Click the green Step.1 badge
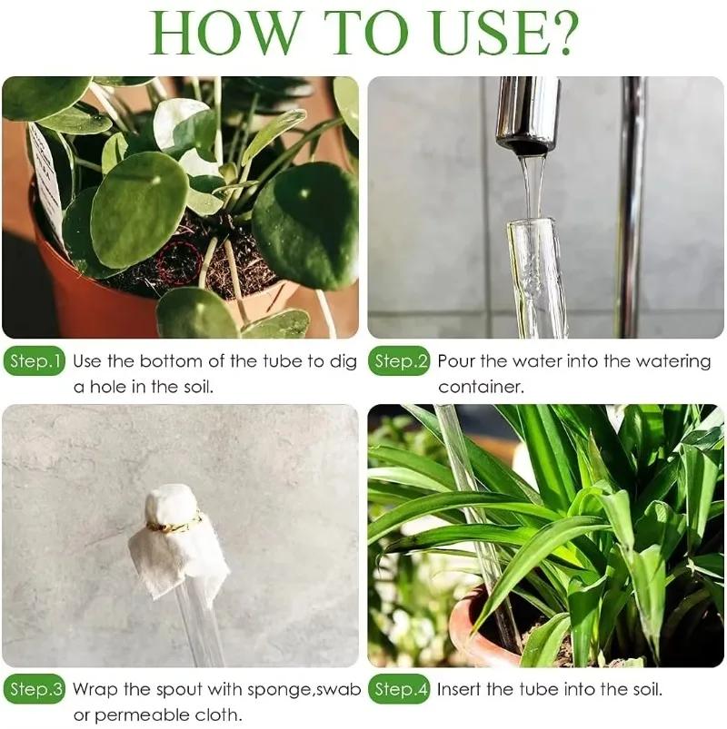(x=35, y=362)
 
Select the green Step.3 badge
(x=35, y=690)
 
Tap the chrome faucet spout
(x=527, y=113)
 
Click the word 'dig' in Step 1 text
(x=343, y=362)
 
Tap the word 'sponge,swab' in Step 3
(x=305, y=690)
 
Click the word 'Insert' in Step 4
(x=462, y=690)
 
